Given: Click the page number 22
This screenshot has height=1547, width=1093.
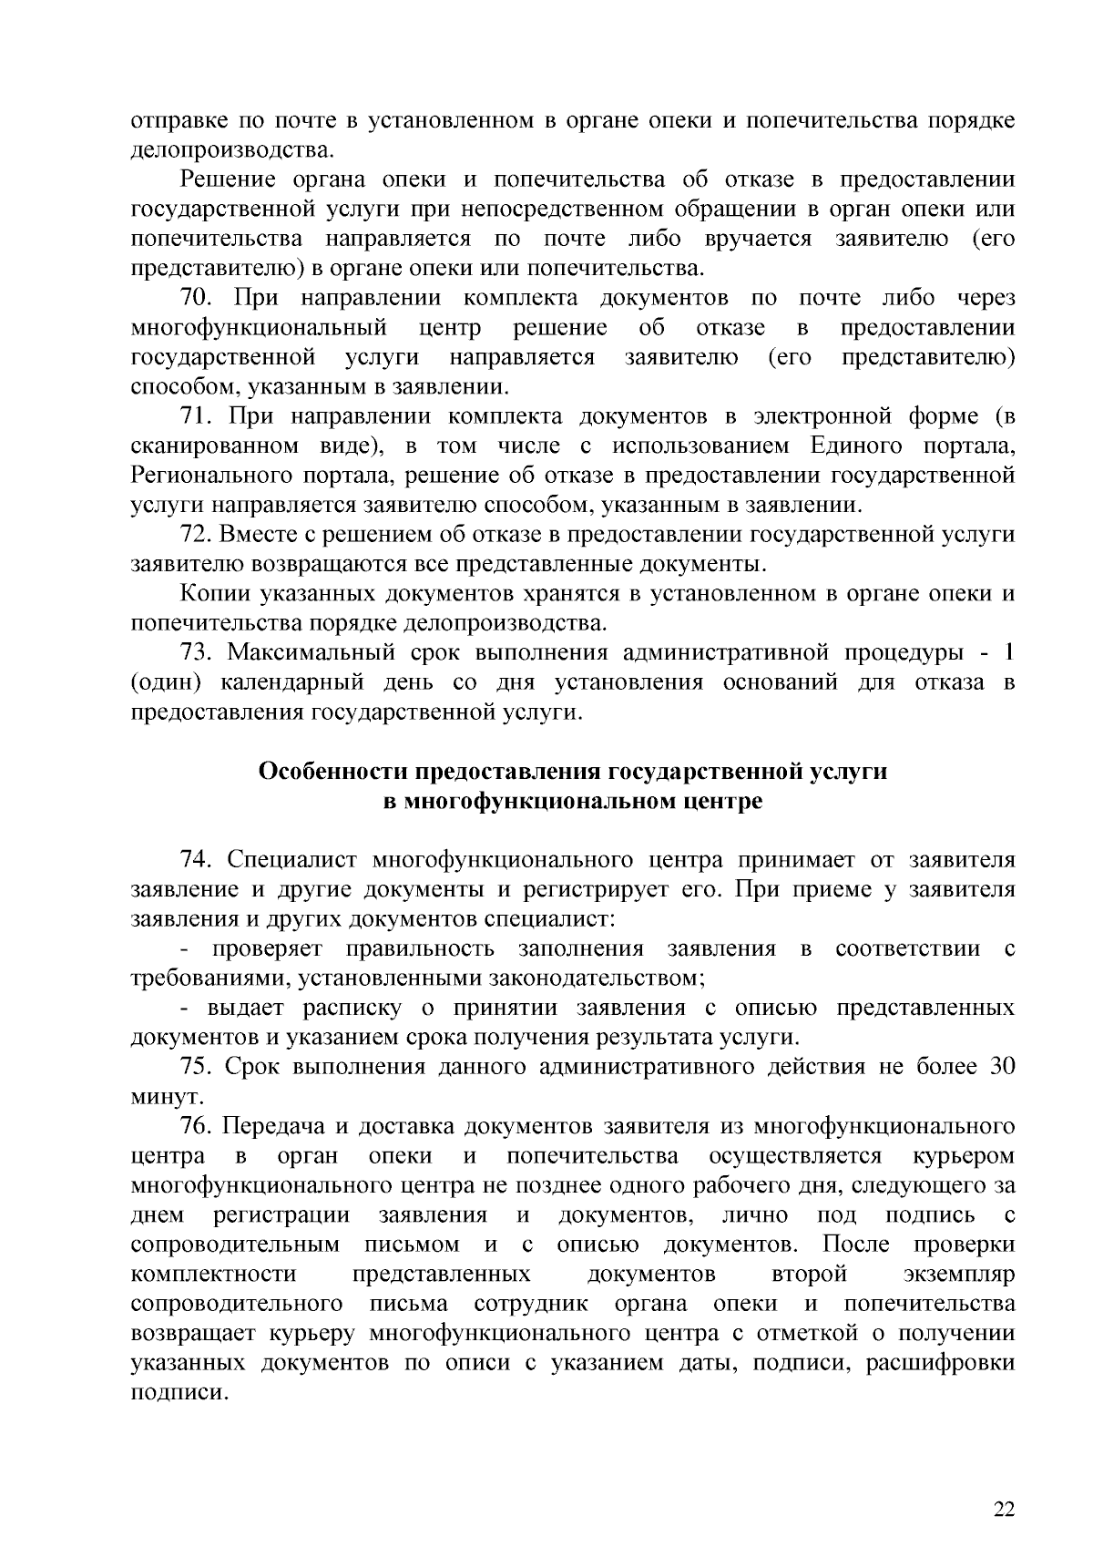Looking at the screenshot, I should point(1004,1484).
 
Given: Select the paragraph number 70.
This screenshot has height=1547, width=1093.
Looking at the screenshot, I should point(196,299).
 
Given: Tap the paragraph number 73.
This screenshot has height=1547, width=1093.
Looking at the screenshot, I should point(196,652).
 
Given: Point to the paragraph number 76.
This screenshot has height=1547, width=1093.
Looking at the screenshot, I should point(196,1126).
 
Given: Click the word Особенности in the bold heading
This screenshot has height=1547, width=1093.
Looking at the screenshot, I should point(332,772).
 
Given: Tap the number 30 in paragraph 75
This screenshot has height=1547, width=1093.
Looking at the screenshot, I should point(1002,1067).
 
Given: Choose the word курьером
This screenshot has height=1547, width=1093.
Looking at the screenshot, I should point(964,1156).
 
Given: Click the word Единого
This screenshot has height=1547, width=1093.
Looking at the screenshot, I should point(853,446).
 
